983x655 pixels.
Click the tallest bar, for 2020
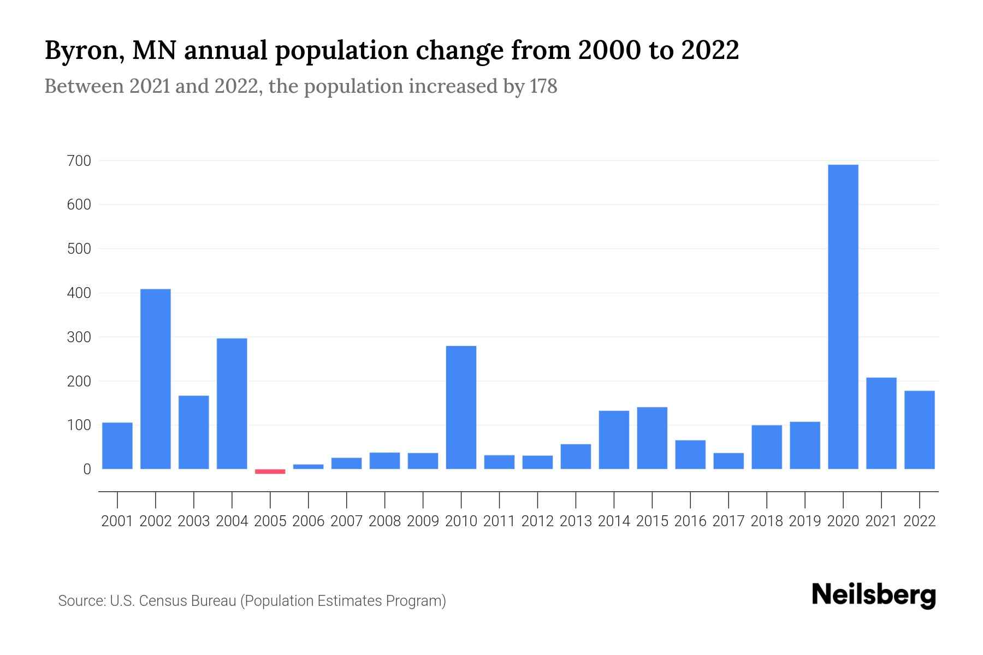point(843,317)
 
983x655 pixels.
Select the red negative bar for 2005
point(270,472)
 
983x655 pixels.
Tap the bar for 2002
point(156,379)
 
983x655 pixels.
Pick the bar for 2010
point(461,407)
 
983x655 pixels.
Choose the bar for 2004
point(232,403)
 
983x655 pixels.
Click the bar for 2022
point(919,430)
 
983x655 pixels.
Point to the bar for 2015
point(652,438)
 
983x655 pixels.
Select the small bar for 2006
point(308,467)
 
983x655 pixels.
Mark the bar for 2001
point(117,445)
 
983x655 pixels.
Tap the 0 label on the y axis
point(87,469)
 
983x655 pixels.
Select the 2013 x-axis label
point(576,521)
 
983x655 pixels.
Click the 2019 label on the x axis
point(804,521)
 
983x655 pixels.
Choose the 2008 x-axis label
point(384,521)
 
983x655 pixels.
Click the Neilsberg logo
point(873,595)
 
